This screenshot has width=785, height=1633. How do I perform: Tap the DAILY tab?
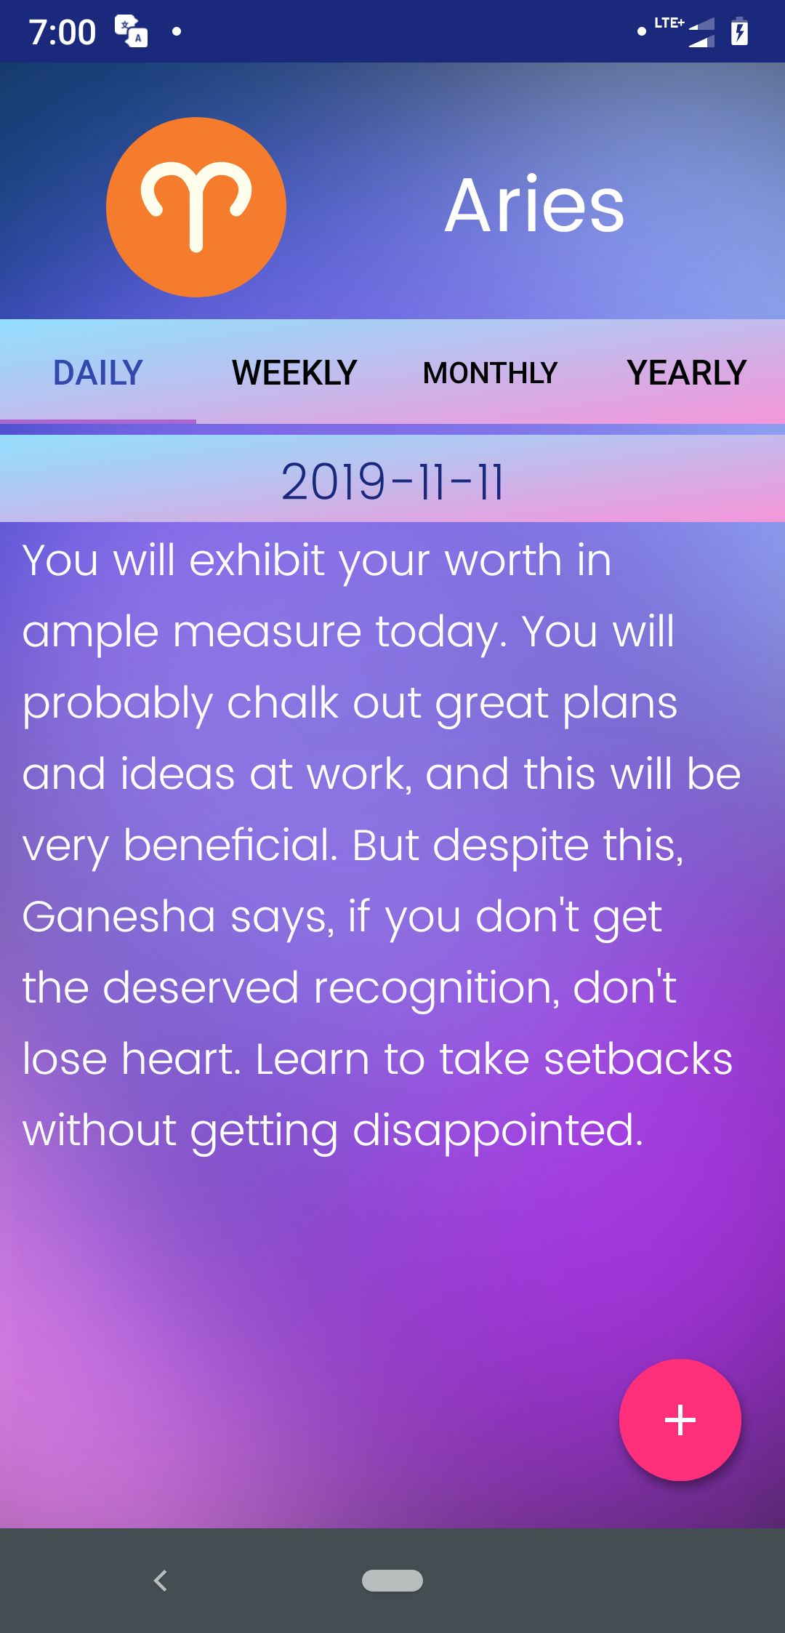[x=98, y=372]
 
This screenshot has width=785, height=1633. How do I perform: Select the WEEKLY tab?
[x=294, y=372]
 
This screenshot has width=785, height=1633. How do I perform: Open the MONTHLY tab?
[x=491, y=372]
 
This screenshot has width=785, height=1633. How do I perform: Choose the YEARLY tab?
[x=687, y=372]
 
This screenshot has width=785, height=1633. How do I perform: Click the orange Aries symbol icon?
[x=196, y=207]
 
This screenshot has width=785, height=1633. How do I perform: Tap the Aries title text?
[x=535, y=206]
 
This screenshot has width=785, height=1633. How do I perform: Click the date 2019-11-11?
[x=392, y=481]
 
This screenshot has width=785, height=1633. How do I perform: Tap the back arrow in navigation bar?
[x=161, y=1580]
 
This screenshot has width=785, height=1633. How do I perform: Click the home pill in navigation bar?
[x=392, y=1580]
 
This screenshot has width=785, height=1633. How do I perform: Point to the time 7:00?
[x=63, y=33]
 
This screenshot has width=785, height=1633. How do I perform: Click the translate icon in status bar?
[x=132, y=31]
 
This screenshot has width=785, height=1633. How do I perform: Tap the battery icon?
[x=739, y=31]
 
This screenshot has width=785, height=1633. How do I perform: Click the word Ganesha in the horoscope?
[x=118, y=916]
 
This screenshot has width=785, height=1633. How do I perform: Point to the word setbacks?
[x=638, y=1059]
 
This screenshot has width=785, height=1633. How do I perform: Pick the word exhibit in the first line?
[x=257, y=560]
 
